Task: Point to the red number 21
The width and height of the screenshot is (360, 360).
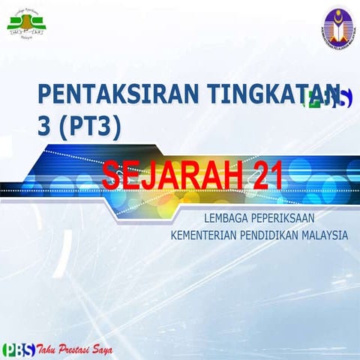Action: (x=268, y=175)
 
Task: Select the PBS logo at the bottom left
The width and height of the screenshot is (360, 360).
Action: (x=17, y=349)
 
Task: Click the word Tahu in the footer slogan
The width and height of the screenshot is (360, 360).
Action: (x=48, y=349)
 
